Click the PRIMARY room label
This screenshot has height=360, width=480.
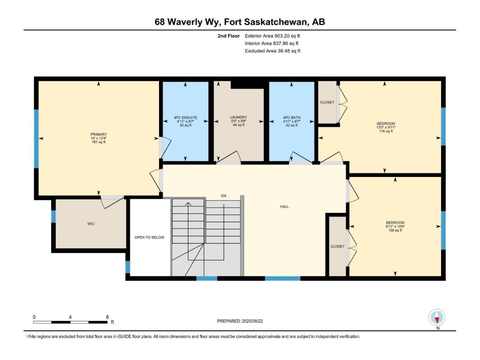99,134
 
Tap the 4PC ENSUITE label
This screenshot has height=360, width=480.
186,118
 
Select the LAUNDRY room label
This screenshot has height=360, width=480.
238,117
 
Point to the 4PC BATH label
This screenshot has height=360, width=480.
291,118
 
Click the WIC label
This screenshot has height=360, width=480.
91,224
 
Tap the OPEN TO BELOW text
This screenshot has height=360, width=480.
149,237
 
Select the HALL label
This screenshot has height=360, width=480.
285,207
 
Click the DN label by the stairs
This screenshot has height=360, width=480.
223,196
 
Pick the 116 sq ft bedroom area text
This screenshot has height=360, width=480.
386,131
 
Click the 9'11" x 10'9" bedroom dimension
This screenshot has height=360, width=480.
395,226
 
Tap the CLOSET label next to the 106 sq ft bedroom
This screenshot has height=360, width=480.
337,246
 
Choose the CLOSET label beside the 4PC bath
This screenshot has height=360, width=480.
327,102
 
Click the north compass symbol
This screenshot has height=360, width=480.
437,317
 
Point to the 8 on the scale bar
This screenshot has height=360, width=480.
107,317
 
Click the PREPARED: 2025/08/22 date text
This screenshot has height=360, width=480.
240,321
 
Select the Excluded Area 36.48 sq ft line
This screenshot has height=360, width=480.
273,51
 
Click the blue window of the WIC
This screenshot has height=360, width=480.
53,216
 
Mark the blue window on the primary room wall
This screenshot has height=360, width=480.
36,139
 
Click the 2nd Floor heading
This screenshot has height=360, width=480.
228,36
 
